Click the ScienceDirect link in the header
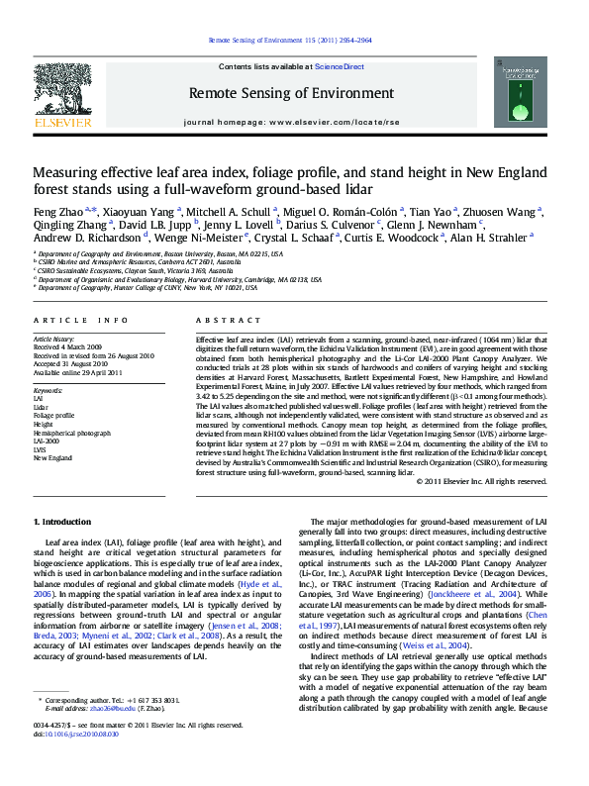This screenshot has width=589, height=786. click(340, 66)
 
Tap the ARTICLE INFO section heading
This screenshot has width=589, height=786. click(81, 321)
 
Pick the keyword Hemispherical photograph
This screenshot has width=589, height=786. click(68, 434)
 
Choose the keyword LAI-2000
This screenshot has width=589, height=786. click(47, 442)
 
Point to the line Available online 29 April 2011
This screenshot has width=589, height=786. click(77, 372)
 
